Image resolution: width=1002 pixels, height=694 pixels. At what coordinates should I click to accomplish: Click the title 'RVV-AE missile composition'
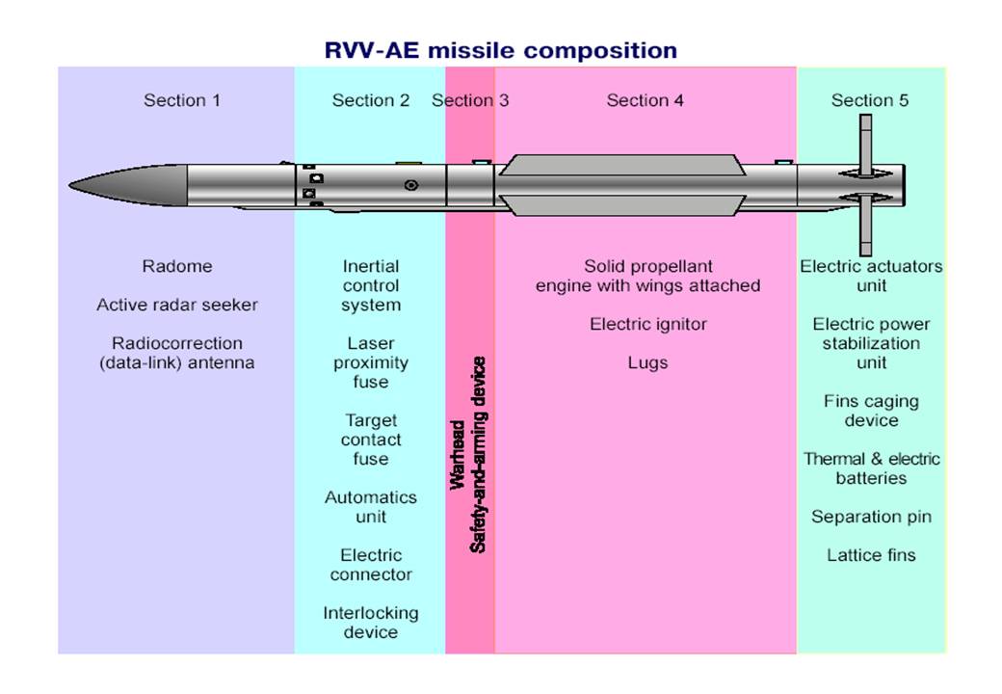click(x=499, y=50)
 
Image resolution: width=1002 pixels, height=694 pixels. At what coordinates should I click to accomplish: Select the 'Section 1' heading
click(x=182, y=100)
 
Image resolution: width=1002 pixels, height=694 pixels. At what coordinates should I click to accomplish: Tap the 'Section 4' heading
click(x=645, y=100)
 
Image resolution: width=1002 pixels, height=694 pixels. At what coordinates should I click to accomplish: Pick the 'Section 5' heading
click(x=869, y=100)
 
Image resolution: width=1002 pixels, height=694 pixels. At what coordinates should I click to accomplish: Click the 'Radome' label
click(x=176, y=266)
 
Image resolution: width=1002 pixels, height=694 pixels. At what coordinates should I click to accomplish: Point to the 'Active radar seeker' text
click(x=177, y=305)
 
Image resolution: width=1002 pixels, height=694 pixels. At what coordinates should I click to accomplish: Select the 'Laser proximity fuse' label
click(x=371, y=362)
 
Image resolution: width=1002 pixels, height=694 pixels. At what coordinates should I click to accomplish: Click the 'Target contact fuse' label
click(x=371, y=440)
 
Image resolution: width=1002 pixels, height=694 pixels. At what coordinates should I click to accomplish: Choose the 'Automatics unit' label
click(x=371, y=507)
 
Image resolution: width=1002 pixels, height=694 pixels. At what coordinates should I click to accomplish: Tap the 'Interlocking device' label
click(x=371, y=623)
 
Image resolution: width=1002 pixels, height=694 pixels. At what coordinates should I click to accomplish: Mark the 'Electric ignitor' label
click(x=647, y=324)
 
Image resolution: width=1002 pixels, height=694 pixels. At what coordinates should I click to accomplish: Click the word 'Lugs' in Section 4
click(x=647, y=362)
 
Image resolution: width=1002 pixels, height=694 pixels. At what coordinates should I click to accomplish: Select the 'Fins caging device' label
click(x=871, y=411)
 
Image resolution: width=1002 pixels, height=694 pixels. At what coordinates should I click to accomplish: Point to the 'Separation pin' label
click(x=871, y=517)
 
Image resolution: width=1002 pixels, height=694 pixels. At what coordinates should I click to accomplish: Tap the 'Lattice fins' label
click(x=871, y=555)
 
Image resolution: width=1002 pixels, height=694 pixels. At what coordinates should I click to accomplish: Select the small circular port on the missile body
click(x=411, y=185)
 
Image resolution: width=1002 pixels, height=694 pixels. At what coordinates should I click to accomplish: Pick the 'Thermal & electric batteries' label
click(x=871, y=468)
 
